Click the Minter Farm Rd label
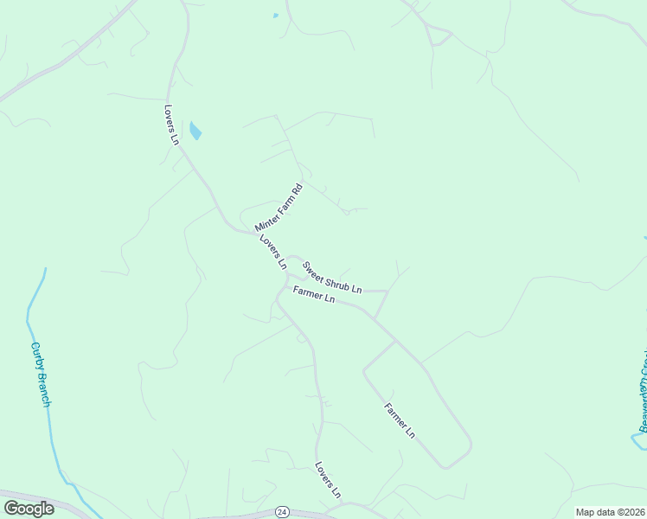(x=279, y=207)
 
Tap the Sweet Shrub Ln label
(x=331, y=277)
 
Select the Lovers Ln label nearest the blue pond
(x=171, y=125)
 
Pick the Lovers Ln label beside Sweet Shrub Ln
(x=272, y=251)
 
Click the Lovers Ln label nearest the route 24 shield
(x=328, y=479)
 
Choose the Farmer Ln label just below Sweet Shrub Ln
(x=313, y=294)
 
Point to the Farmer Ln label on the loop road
(x=399, y=420)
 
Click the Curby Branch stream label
(x=42, y=375)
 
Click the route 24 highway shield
(x=282, y=512)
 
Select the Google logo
(x=29, y=509)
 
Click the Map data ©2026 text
(x=610, y=512)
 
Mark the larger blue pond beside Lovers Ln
(x=195, y=131)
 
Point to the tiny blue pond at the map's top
(x=276, y=16)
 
